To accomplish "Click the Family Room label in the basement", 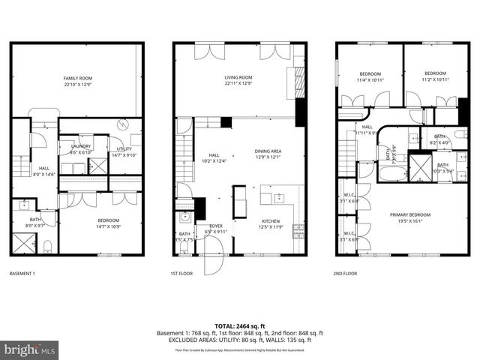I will point(76,81).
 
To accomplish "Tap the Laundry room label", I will point(80,148).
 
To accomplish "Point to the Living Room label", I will point(238,79).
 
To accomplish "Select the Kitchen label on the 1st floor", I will point(271,223).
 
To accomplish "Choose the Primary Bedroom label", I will point(407,218).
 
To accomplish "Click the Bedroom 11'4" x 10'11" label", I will point(370,76).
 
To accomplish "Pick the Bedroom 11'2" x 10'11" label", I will point(434,76).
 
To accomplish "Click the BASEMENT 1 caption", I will point(22,274).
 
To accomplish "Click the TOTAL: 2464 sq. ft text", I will point(239,325).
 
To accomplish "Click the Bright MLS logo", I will point(30,349).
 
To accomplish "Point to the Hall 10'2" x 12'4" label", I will point(214,157).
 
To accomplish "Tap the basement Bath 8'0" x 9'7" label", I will point(36,222).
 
